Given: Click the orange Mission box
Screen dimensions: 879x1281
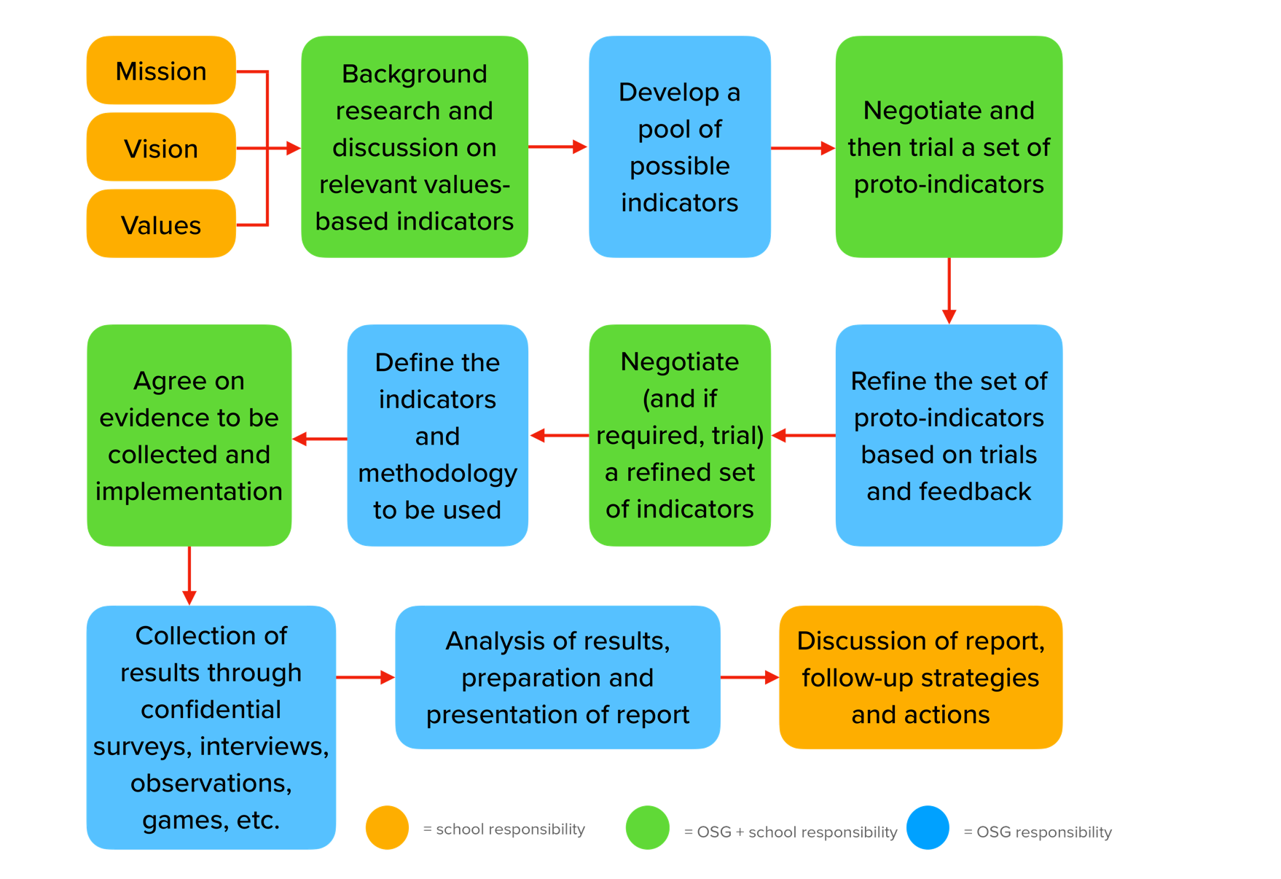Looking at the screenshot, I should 161,71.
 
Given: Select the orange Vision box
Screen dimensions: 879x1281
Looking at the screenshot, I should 161,148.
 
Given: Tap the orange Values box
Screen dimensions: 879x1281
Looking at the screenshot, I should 161,224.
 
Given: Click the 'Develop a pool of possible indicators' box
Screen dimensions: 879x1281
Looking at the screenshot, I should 679,147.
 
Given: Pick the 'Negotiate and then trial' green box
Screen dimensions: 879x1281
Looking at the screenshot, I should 948,147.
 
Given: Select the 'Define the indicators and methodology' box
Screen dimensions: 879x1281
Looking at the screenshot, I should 437,436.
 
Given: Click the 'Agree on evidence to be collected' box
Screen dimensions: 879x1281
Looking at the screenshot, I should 189,436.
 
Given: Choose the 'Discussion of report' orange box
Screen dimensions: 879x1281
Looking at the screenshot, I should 920,677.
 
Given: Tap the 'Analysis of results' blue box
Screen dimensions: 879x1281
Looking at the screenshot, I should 557,677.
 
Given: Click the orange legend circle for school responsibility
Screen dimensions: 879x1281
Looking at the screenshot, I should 387,827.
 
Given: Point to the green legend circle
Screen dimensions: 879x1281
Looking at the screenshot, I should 647,827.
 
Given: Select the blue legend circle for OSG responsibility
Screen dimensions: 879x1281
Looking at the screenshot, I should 928,827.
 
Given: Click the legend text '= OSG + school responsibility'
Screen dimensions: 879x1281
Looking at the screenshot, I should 790,832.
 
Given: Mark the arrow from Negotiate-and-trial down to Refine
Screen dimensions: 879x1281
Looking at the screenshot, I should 949,291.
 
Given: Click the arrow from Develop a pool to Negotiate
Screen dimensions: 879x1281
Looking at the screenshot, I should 802,148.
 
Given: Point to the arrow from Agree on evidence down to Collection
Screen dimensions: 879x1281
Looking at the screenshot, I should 189,576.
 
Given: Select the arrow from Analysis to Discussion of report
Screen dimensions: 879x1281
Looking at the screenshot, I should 750,677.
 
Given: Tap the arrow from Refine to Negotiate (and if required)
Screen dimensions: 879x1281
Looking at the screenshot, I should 803,436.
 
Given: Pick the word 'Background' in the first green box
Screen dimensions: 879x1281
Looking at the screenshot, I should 414,74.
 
